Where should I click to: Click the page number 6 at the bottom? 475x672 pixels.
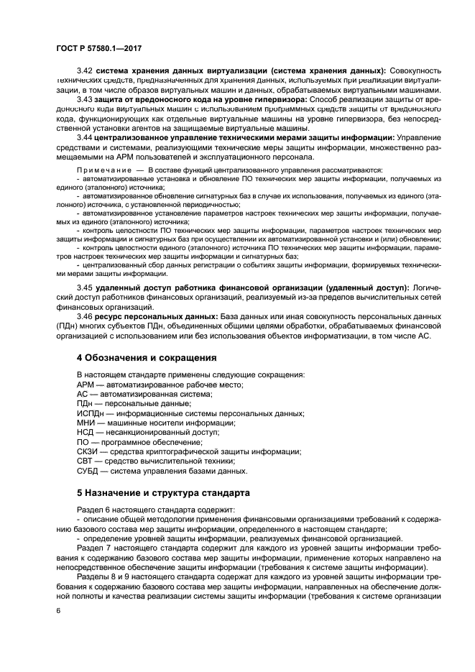click(x=59, y=610)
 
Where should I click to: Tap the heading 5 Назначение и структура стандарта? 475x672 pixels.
click(x=163, y=494)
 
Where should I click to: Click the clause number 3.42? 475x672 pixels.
click(x=86, y=70)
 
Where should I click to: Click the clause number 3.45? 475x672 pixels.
click(x=86, y=287)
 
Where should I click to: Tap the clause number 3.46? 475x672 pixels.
click(x=86, y=316)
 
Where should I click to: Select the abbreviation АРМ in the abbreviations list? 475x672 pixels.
click(x=86, y=385)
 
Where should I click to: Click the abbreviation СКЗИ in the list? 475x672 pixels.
click(x=88, y=451)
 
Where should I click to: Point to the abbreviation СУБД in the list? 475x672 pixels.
click(x=88, y=471)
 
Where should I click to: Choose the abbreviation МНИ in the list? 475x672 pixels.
click(x=86, y=423)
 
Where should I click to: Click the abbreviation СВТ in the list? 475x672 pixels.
click(x=86, y=461)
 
